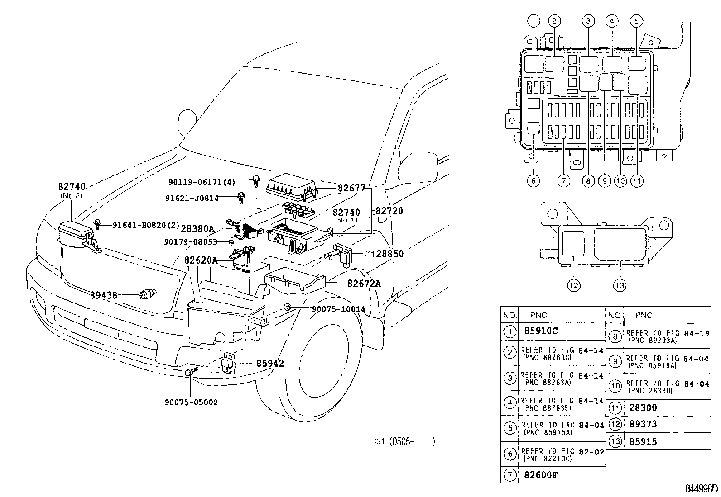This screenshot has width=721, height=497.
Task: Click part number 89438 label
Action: tap(103, 295)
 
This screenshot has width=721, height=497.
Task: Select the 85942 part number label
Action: tap(270, 363)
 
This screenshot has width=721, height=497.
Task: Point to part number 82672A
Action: tap(364, 284)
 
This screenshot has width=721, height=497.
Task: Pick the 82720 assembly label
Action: tap(388, 211)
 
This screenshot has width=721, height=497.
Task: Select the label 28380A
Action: tap(197, 229)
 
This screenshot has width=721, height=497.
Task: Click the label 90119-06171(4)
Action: tap(202, 182)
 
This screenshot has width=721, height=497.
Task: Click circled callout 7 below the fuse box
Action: tap(563, 181)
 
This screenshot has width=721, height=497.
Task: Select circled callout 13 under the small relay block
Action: tap(620, 285)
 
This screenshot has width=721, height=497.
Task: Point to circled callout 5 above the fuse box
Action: tap(636, 21)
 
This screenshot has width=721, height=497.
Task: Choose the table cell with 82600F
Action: tap(541, 475)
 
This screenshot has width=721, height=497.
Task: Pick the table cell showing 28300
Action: tap(643, 407)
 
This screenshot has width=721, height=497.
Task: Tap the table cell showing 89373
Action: tap(643, 424)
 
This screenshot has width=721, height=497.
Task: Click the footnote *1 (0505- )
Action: tap(404, 441)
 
